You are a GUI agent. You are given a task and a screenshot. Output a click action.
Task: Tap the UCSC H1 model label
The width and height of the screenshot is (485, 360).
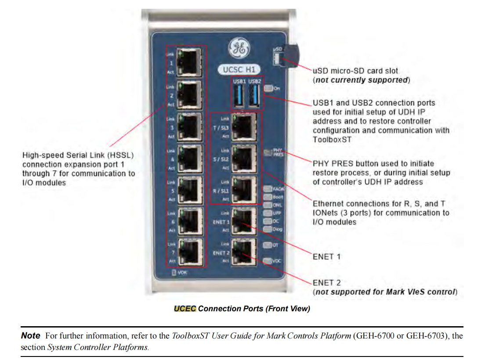tap(239, 69)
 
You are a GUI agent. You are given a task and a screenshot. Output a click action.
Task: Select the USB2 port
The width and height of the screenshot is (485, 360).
tap(254, 95)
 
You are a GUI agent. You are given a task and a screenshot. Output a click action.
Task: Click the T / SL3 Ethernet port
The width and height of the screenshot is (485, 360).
tap(243, 127)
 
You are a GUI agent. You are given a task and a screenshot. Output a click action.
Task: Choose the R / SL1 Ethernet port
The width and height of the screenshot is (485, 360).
tap(243, 190)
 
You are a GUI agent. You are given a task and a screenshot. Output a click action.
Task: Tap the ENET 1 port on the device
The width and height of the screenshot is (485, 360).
tap(243, 221)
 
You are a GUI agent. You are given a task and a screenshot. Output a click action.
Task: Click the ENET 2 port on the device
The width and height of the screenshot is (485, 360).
tap(243, 252)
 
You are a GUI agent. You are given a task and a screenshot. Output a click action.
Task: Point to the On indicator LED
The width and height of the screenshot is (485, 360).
tap(269, 88)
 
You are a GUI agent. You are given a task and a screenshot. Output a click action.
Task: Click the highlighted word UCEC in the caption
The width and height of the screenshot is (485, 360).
tap(185, 309)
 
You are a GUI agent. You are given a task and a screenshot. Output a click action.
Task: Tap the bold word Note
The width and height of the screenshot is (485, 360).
tap(31, 336)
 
